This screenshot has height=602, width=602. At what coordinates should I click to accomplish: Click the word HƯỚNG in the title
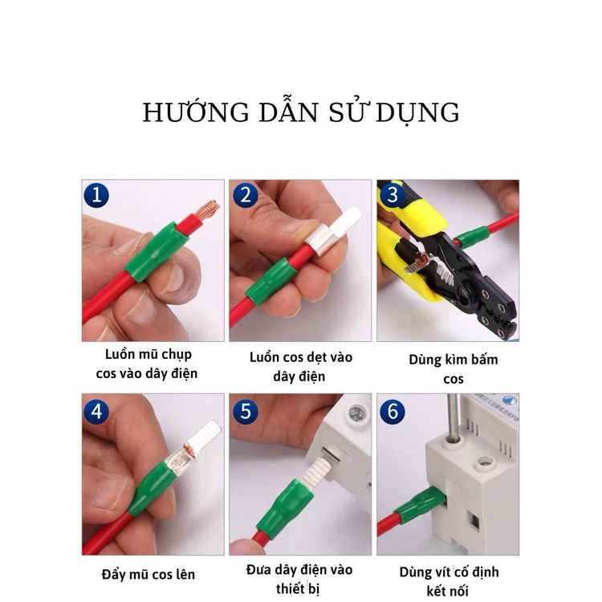point(196,112)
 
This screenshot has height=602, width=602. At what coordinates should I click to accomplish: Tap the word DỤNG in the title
point(417,113)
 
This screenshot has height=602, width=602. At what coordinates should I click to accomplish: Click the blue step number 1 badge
point(96,195)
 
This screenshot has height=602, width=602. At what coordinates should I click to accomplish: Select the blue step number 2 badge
point(246,195)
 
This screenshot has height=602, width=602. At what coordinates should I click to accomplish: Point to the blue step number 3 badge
point(393,195)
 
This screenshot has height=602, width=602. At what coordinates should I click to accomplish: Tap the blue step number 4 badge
point(96,412)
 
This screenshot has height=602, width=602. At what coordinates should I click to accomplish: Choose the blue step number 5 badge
point(246,412)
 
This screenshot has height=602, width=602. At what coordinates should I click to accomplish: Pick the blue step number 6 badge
point(393,412)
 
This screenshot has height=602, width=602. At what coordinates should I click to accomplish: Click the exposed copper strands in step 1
point(207,210)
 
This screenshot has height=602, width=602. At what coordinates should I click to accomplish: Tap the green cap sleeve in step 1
point(156,252)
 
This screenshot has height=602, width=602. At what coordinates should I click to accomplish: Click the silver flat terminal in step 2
point(333,230)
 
